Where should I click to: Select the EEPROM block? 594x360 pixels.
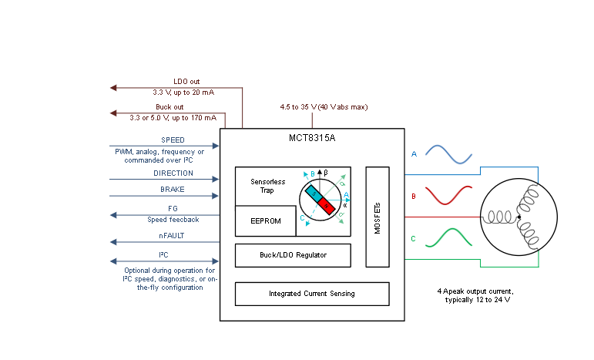pyautogui.click(x=265, y=220)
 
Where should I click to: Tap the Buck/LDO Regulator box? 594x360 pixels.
pyautogui.click(x=292, y=254)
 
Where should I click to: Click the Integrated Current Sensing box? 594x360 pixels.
pyautogui.click(x=311, y=294)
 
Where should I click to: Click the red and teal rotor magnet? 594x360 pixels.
pyautogui.click(x=321, y=199)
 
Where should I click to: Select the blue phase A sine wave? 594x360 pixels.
pyautogui.click(x=448, y=154)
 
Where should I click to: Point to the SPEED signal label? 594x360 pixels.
pyautogui.click(x=173, y=140)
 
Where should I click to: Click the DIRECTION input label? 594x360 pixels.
pyautogui.click(x=173, y=173)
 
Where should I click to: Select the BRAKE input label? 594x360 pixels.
pyautogui.click(x=173, y=190)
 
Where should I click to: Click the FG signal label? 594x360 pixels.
pyautogui.click(x=173, y=209)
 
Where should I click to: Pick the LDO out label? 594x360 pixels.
pyautogui.click(x=186, y=81)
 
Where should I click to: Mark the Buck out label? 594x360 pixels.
pyautogui.click(x=169, y=107)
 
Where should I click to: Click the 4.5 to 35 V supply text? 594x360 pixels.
pyautogui.click(x=324, y=106)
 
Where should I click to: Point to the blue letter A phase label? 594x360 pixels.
pyautogui.click(x=414, y=154)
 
